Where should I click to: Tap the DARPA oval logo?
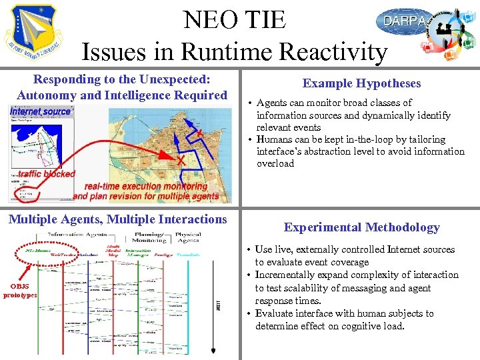click(404, 22)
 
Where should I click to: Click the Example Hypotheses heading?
click(361, 83)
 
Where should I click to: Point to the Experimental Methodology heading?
click(361, 227)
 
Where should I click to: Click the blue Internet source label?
click(40, 111)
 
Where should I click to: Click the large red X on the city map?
click(181, 161)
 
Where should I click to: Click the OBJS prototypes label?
click(20, 291)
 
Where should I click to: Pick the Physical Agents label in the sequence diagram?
click(187, 237)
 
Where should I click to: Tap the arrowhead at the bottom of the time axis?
click(213, 350)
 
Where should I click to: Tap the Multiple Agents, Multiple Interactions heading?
click(117, 219)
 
